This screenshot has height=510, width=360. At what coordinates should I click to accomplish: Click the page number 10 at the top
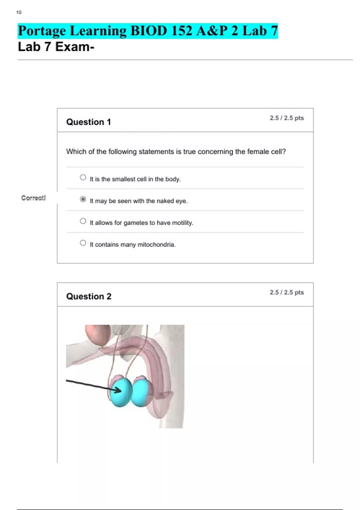point(19,13)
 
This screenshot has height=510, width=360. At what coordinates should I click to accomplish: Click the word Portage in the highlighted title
point(42,31)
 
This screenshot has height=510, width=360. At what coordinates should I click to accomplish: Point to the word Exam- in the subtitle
point(75,47)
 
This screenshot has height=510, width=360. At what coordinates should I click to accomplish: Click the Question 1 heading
point(88,122)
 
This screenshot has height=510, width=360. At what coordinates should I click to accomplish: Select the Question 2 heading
point(89,296)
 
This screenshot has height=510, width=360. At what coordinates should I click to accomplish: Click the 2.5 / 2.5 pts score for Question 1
point(287,118)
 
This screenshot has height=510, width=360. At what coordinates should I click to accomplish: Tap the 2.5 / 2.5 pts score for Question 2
point(287,292)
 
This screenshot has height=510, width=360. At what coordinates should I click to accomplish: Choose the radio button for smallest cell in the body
point(83,177)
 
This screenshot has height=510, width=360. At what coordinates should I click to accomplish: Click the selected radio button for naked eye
point(83,199)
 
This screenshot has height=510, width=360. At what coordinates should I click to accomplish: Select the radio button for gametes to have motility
point(83,221)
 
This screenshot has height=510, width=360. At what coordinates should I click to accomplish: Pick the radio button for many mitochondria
point(83,243)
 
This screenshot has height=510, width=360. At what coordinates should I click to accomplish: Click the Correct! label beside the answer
point(34,198)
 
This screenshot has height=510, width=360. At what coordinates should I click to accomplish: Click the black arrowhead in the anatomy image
point(118,390)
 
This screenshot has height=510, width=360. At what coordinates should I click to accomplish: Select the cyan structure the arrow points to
point(120,391)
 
